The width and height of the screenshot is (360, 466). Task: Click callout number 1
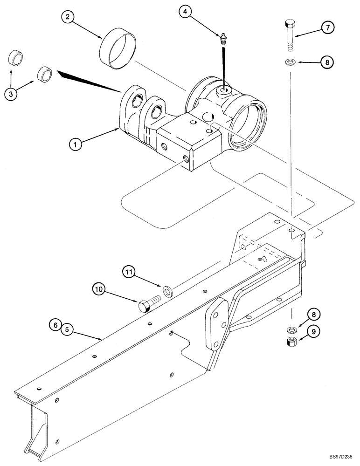click(76, 144)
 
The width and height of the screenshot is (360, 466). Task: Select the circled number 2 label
click(68, 18)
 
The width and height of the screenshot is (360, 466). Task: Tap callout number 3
click(12, 94)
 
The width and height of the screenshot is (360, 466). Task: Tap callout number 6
click(55, 325)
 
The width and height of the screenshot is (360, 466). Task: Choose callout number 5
click(67, 329)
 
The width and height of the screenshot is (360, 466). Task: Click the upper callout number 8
click(327, 61)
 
